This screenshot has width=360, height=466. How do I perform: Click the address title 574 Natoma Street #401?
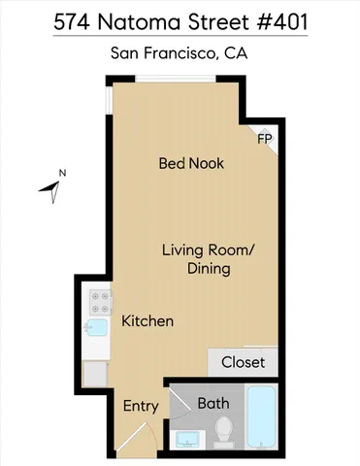coord(180,20)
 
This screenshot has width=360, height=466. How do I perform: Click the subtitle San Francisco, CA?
coord(180,53)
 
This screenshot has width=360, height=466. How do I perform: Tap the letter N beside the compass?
coord(62,174)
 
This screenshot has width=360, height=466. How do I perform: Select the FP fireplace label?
coord(263,140)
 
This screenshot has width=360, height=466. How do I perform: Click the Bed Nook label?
coord(191,163)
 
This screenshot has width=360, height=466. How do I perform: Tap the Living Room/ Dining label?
coord(208,259)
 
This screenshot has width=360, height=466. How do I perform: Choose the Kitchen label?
coord(147,320)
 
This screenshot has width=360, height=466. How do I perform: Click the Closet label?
coord(243,362)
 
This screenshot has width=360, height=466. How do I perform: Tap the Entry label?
coord(140,406)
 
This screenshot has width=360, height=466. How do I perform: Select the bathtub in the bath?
coord(261,418)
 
